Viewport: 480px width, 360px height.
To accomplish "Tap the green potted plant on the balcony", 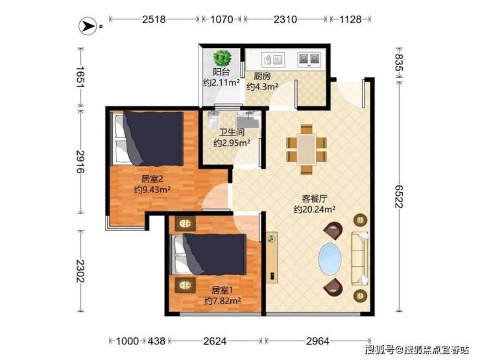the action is coord(222,58).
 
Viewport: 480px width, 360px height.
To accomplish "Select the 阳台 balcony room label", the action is coord(221,72).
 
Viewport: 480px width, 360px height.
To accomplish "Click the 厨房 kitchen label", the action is coord(262,76).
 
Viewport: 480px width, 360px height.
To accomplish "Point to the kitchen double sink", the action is coord(272,59).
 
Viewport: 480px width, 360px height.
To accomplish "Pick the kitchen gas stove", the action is coord(309,59).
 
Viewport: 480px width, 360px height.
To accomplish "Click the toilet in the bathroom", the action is coord(213,120).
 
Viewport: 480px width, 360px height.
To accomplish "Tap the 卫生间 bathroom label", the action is coord(232,132).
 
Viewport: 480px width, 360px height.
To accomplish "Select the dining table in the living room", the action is coord(306,149).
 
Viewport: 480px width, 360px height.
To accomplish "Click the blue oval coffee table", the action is coord(330,259).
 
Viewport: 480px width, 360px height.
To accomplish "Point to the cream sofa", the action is coord(360,259).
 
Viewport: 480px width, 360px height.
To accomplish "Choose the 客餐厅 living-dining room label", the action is coord(315,199).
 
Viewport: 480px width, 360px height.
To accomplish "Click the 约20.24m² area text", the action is coord(315,209).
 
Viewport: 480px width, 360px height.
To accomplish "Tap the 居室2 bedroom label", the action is coord(152,179).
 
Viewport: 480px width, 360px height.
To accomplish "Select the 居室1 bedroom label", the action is coord(222,289).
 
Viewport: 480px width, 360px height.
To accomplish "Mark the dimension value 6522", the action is coord(398,197).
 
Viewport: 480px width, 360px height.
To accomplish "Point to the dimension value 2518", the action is coord(154,19).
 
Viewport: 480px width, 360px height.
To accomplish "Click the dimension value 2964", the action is coord(318,341).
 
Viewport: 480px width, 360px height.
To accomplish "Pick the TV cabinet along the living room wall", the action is coord(272,258).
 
